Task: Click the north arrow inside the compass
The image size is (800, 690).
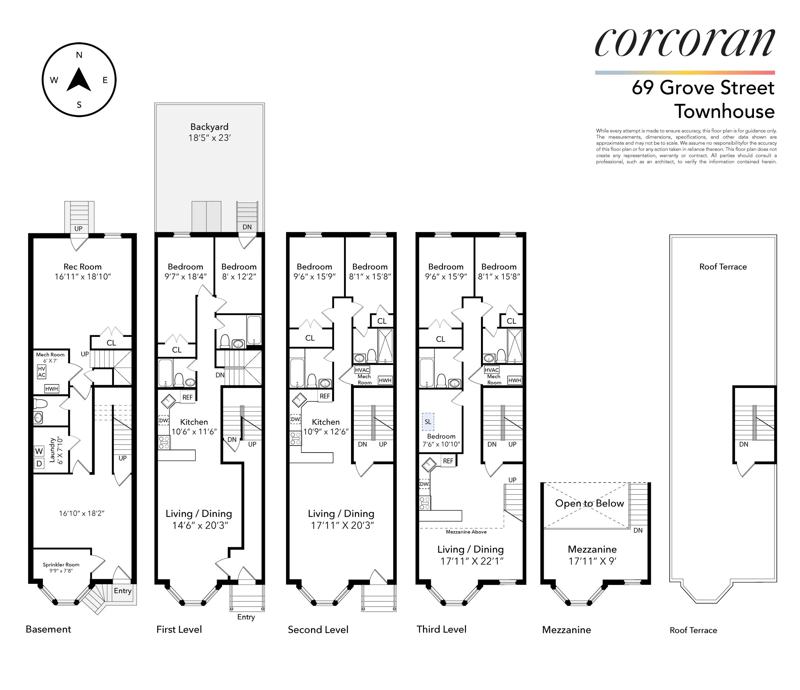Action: [79, 80]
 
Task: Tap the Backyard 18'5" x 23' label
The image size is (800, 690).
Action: [209, 132]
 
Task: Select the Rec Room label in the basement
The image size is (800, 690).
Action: [83, 271]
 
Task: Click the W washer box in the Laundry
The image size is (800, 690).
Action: [39, 451]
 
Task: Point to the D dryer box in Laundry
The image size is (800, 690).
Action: [39, 464]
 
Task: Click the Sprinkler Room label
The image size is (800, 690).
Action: [61, 567]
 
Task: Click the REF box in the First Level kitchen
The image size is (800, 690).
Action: [187, 397]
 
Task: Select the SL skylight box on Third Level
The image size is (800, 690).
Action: [428, 422]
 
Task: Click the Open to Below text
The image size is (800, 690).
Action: [589, 503]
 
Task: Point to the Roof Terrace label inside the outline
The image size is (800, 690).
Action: [723, 267]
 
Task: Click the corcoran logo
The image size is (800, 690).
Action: [684, 42]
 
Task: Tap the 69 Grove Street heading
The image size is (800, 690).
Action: [703, 88]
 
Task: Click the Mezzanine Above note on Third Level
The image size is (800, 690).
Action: [466, 532]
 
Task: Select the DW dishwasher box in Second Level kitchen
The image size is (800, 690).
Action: [295, 419]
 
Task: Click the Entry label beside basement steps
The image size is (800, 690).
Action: [122, 591]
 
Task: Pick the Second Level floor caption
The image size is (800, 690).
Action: [318, 630]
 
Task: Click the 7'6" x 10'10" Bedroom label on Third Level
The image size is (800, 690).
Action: [441, 440]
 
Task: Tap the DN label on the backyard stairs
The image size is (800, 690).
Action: [247, 227]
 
